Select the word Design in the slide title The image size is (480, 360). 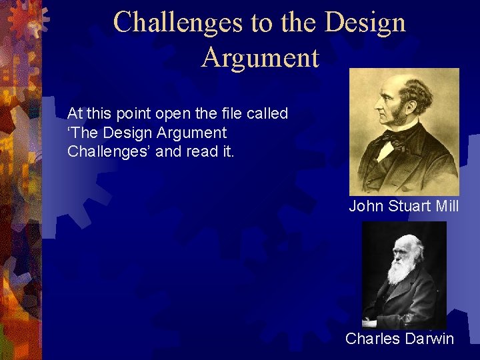[x=365, y=22]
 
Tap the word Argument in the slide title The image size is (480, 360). [x=260, y=57]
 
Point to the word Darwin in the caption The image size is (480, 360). [x=428, y=339]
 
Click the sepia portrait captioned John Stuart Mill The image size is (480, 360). [x=404, y=131]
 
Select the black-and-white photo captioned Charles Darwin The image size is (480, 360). [x=404, y=274]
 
